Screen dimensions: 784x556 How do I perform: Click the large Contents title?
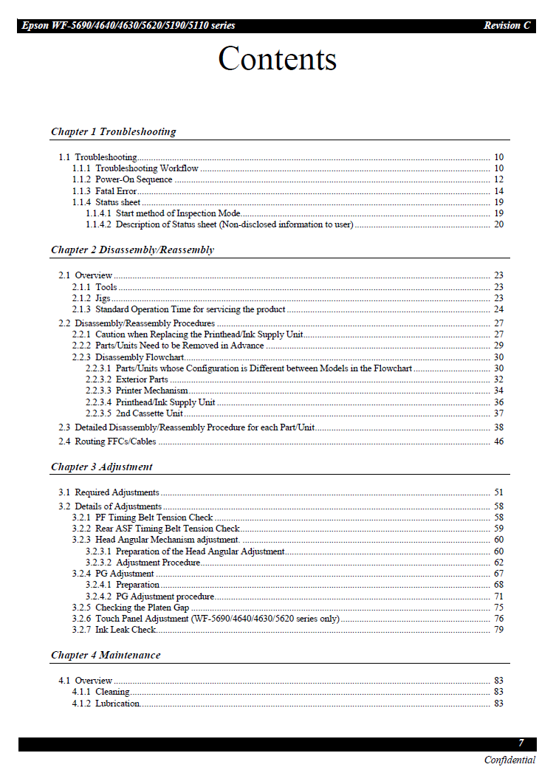277,59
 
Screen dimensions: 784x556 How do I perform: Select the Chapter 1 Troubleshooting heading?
113,131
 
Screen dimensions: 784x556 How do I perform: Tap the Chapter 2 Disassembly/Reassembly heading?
132,250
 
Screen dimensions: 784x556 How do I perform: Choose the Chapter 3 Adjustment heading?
101,467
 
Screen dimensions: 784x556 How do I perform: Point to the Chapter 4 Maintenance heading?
105,655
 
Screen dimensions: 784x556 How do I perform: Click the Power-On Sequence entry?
134,179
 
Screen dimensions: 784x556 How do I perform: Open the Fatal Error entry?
116,191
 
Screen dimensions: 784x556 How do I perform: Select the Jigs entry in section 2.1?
103,298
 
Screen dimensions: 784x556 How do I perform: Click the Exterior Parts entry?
142,379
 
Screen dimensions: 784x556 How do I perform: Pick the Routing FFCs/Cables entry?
115,441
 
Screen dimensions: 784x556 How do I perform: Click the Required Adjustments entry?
117,492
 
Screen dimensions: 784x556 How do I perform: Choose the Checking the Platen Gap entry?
143,608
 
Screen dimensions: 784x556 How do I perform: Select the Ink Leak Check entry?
126,630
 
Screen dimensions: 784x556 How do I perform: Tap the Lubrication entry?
117,704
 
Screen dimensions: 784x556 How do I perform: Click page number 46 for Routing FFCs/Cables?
498,441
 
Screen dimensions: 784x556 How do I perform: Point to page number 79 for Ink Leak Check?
498,630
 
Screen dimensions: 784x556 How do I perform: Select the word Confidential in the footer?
509,760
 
